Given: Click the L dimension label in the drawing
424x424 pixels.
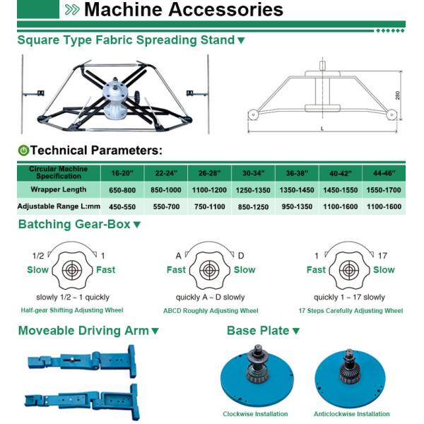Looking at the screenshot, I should pos(322,129).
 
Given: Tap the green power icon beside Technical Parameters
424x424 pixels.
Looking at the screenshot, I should pos(23,151).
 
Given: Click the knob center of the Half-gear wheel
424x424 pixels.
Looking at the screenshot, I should pos(71,270).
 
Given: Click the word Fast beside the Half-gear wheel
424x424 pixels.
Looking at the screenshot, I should pos(106,270).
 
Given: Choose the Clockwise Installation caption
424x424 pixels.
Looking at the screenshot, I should pos(255,414).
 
